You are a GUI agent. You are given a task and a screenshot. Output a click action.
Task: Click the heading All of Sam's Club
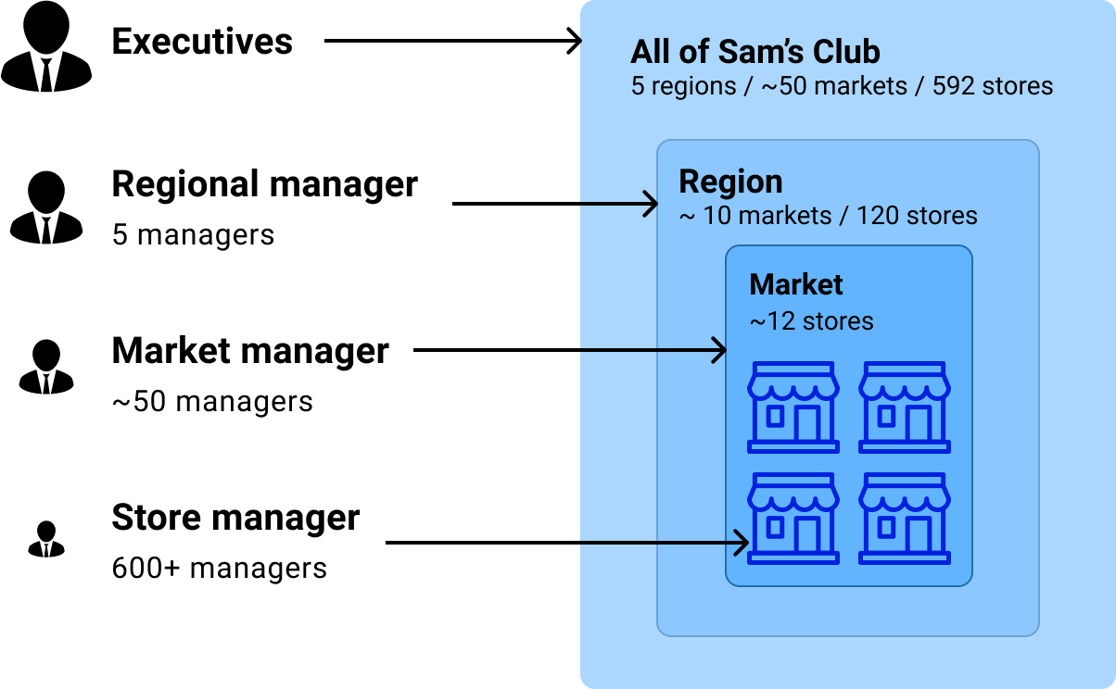point(755,51)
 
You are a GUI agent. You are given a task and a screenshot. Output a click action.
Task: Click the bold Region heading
point(730,182)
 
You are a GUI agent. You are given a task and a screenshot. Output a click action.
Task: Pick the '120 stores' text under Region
point(916,216)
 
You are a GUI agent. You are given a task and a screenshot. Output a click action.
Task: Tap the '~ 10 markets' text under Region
point(755,216)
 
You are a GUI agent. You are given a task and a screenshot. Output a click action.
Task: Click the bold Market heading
point(796,284)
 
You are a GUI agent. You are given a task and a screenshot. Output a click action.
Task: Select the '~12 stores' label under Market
point(811,321)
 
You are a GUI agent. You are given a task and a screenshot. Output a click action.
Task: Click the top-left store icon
point(793,407)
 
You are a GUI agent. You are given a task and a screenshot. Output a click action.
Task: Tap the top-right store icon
point(905,407)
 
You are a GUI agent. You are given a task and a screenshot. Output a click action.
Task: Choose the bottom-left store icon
point(793,519)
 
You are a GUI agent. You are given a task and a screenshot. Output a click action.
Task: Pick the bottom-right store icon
point(905,519)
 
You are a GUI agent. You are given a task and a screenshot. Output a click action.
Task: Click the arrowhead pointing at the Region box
point(652,204)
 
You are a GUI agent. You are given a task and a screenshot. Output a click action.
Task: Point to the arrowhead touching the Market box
point(719,351)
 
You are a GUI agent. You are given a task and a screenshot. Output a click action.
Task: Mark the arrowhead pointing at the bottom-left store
point(742,544)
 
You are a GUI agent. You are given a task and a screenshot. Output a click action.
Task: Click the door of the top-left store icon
point(806,423)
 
